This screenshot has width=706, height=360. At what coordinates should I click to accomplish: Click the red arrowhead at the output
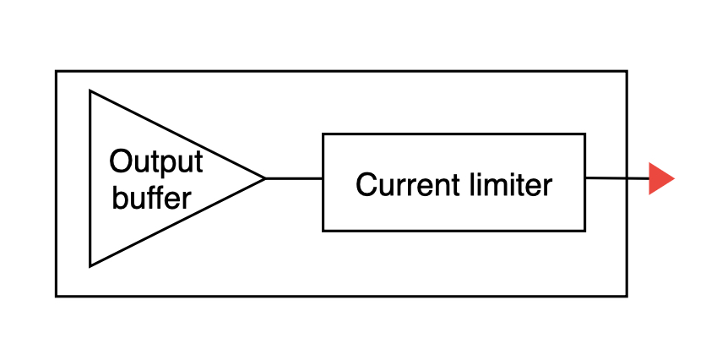tap(660, 179)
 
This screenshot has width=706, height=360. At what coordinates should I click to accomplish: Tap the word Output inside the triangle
tap(156, 161)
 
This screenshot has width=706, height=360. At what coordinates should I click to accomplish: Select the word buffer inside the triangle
tap(152, 198)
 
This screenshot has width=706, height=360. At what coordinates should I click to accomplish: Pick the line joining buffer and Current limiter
tap(294, 178)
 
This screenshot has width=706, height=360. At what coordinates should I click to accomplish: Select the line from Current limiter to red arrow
tap(616, 178)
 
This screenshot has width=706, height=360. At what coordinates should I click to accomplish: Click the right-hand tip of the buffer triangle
tap(264, 178)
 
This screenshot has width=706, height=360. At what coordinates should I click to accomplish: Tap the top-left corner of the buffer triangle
tap(90, 91)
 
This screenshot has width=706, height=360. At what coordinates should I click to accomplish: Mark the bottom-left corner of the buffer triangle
tap(90, 265)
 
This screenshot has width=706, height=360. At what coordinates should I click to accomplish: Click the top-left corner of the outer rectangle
tap(57, 72)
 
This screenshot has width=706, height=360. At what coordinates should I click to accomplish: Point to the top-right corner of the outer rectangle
tap(627, 72)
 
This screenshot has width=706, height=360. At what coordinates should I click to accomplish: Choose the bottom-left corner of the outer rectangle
tap(57, 296)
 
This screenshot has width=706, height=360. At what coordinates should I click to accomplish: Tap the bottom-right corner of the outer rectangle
tap(627, 296)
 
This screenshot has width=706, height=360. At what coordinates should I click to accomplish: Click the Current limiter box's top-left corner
tap(323, 134)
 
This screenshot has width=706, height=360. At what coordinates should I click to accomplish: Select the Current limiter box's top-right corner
tap(584, 134)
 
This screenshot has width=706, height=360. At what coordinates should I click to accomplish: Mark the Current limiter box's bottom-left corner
tap(323, 230)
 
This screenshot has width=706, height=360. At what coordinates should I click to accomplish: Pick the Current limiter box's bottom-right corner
tap(584, 230)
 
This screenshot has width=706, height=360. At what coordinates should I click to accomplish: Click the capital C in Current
tap(366, 183)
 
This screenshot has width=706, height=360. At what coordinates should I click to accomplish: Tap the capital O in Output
tap(121, 161)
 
